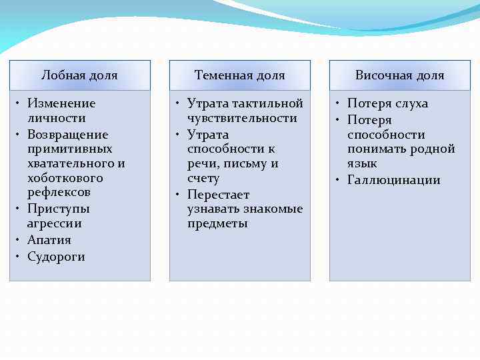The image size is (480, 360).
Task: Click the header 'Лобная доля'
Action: click(79, 75)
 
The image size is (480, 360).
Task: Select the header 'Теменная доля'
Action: click(239, 75)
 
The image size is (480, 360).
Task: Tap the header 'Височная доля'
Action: click(399, 75)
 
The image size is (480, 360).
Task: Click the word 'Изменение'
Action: click(61, 103)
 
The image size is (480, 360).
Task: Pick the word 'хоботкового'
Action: click(65, 178)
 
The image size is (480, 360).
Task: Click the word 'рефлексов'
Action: click(59, 193)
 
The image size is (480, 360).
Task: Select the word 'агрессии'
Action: click(54, 223)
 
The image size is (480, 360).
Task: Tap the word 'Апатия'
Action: click(49, 240)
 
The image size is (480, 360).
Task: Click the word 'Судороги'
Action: click(56, 257)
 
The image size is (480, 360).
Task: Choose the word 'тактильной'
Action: click(269, 103)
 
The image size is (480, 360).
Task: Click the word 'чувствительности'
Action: click(242, 118)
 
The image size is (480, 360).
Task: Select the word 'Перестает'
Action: click(218, 195)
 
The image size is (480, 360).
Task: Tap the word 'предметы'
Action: click(217, 223)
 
